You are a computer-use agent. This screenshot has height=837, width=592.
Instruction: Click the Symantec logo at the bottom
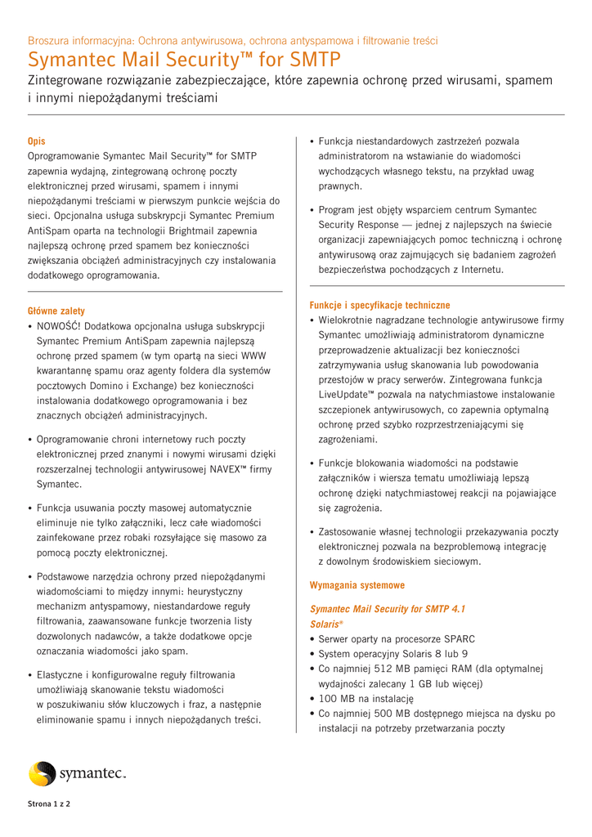coord(78,773)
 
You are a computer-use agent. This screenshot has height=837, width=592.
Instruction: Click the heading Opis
coord(37,141)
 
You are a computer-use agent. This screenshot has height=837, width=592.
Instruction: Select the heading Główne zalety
coord(56,311)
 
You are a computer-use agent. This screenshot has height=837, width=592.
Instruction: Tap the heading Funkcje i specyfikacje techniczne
coord(379,305)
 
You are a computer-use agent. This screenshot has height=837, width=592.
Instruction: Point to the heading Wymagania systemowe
coord(357,585)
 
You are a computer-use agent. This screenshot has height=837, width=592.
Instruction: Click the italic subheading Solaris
coord(325,624)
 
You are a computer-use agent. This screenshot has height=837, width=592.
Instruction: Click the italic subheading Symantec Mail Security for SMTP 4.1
coord(388,609)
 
